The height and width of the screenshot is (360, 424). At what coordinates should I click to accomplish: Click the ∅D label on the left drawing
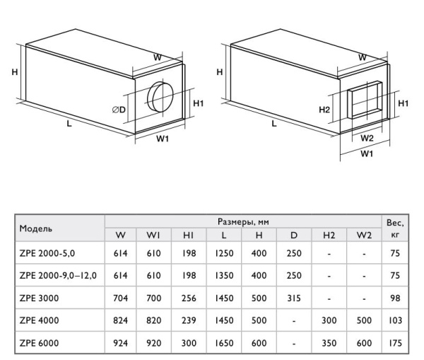pyautogui.click(x=119, y=110)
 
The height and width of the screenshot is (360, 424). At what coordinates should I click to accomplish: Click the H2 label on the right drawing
pyautogui.click(x=324, y=110)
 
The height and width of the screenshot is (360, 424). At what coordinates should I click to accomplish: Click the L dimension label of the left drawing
pyautogui.click(x=69, y=123)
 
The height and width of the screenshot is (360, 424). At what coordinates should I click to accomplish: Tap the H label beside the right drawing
pyautogui.click(x=220, y=72)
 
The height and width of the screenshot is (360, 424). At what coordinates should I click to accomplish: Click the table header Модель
pyautogui.click(x=37, y=228)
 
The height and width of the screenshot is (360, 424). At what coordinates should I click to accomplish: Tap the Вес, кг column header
pyautogui.click(x=394, y=228)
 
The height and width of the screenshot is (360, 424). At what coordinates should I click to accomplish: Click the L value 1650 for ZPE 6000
pyautogui.click(x=224, y=344)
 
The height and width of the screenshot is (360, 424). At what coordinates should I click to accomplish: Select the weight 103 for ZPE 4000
pyautogui.click(x=394, y=322)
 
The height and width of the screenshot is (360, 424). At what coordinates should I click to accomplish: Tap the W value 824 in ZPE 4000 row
pyautogui.click(x=120, y=322)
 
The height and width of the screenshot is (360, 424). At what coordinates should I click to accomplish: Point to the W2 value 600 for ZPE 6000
pyautogui.click(x=363, y=344)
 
